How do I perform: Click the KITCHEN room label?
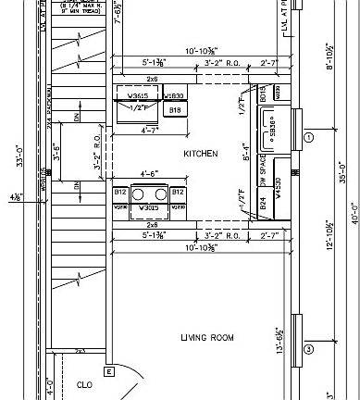point(200,154)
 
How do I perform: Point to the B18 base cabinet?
point(173,110)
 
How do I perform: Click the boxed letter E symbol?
point(108,371)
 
